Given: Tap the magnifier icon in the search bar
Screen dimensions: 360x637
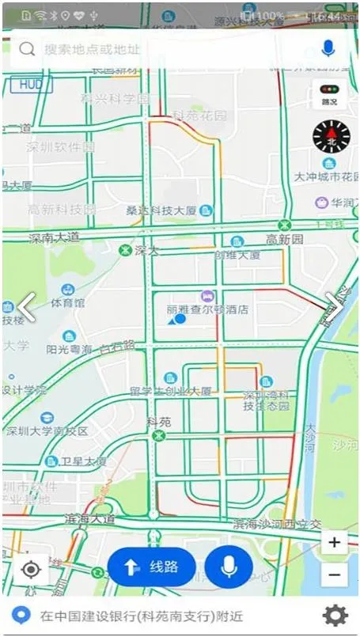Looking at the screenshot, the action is point(27,50).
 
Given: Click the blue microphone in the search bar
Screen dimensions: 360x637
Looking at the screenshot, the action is point(328,49).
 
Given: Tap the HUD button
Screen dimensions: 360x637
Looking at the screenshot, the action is point(31,84).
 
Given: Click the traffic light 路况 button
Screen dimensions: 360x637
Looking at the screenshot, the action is point(329,94).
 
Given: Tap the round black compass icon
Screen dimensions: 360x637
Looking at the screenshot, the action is point(331,137).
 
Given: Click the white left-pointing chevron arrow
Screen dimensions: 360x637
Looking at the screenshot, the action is point(27,307).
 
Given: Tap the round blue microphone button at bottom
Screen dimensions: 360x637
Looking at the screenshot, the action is point(229,567).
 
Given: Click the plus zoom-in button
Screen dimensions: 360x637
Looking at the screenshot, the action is point(335,543).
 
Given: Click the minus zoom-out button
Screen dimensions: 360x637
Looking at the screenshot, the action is point(335,574).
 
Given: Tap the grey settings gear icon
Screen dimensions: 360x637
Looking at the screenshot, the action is point(335,615).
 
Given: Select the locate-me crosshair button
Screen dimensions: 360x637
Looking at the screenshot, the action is point(31,569).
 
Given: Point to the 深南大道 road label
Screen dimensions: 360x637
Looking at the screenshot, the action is point(55,237).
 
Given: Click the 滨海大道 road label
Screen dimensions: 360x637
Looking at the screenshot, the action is point(89,519).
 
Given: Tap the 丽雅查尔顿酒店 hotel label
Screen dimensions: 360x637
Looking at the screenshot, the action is point(207,309).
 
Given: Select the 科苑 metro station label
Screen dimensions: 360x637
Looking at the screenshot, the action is point(159,423).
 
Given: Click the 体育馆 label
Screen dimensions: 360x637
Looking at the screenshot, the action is point(67,302).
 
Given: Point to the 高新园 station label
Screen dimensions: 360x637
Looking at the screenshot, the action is point(284,239).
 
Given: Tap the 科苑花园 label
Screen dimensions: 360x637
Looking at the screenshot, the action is point(199,116).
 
